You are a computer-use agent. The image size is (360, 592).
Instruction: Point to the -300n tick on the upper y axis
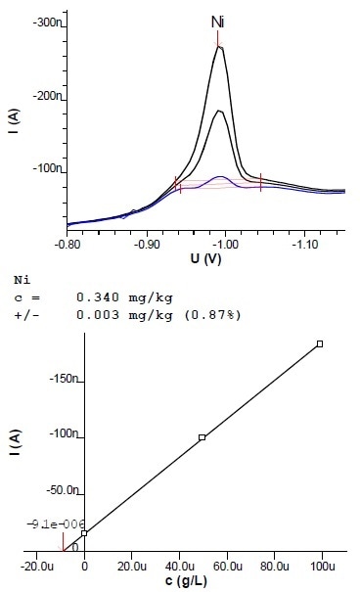[45, 21]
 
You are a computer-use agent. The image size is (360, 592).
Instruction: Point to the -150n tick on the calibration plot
[62, 379]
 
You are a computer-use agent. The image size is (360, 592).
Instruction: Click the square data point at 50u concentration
[202, 437]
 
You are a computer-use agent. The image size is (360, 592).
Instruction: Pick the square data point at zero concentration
[85, 533]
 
